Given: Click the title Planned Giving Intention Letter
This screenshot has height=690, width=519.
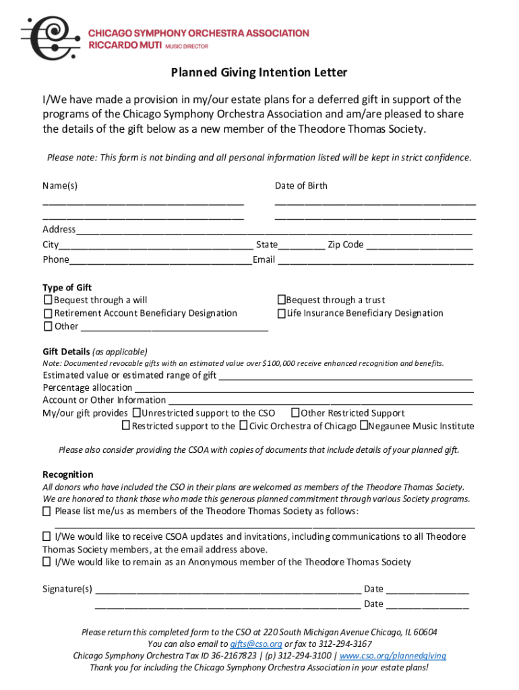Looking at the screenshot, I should point(259,72).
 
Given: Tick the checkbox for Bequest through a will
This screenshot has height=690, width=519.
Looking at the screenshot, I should point(48,300).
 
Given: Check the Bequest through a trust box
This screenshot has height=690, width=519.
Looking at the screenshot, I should point(281,300).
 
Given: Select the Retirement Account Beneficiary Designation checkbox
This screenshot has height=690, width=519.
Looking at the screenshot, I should point(48,313).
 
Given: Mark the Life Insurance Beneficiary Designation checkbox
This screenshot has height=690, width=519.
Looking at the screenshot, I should point(281,313).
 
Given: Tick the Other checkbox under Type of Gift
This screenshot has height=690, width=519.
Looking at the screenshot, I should point(48,326).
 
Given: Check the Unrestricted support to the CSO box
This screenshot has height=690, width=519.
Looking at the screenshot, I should point(137,413).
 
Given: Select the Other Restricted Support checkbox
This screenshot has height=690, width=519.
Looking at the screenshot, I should point(295,413).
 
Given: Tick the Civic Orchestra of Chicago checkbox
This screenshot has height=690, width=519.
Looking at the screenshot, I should point(243,426).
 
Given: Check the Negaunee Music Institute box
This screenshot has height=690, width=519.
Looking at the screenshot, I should point(363,426).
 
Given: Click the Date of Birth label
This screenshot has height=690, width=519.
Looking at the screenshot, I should point(301,186).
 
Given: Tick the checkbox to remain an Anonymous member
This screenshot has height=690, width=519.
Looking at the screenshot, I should point(47,562).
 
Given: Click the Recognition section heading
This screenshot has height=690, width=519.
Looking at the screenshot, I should point(68,474).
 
